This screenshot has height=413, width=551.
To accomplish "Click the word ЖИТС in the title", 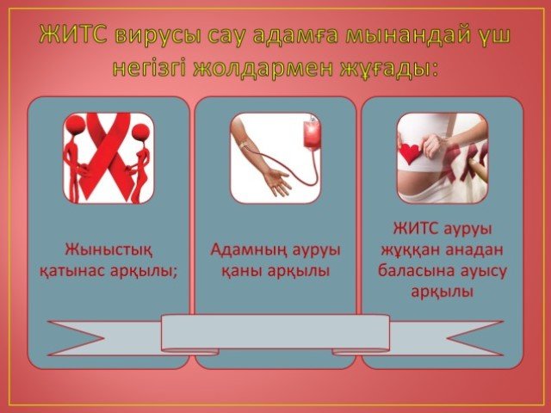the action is tap(72, 35).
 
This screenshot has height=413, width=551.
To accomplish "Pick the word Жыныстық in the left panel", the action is tap(108, 250).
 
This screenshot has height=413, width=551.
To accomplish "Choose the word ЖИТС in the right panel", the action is tap(416, 229).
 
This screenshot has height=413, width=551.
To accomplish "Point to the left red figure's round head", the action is tap(75, 125).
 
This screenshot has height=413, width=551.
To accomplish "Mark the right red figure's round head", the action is tap(140, 133).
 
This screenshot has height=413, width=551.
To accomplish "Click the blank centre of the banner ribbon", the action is tap(275, 332).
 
